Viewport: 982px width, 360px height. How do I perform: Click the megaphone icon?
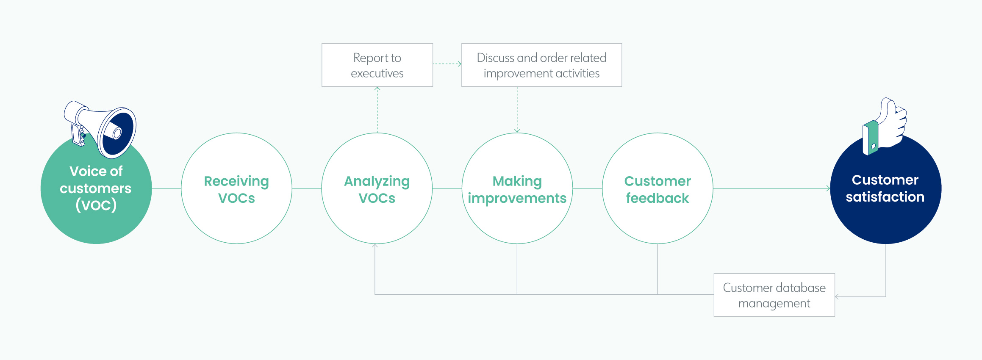[100, 129]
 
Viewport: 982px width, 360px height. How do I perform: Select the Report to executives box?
[377, 65]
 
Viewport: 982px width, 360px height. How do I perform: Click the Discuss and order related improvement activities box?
[541, 65]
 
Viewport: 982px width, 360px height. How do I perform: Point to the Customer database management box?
[774, 295]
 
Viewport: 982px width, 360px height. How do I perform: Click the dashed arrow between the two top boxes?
[447, 64]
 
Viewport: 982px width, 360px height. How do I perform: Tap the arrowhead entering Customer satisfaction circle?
[828, 188]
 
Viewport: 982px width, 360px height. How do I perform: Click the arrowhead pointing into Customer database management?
[837, 297]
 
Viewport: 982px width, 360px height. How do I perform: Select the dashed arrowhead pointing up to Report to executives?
[377, 89]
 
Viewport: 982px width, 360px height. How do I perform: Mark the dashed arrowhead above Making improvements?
[517, 130]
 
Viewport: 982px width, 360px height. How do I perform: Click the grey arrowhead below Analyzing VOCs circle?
[375, 246]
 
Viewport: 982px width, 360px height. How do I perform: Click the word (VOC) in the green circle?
[96, 205]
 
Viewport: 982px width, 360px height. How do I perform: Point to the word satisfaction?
[885, 197]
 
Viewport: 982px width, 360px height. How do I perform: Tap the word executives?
[377, 73]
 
